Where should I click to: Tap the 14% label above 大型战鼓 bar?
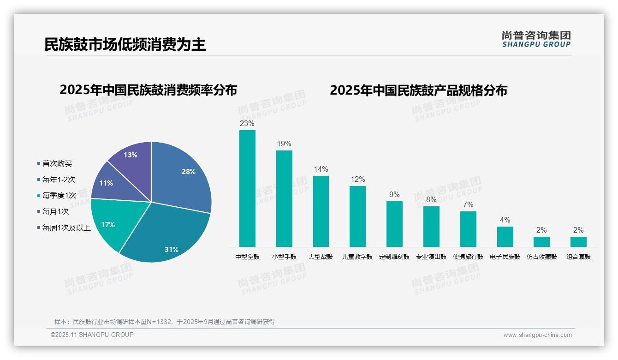pos(321,169)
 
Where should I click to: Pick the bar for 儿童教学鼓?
pos(357,216)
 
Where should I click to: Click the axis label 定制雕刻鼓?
pos(394,257)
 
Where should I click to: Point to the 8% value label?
pos(431,199)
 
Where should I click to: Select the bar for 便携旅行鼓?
pos(468,229)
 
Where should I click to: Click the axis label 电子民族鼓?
pos(505,257)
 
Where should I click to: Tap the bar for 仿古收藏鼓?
pos(541,242)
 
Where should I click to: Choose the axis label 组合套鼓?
pos(578,257)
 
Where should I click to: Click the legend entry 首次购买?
pos(57,164)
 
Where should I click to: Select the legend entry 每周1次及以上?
pos(66,228)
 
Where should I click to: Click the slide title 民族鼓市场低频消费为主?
pos(125,44)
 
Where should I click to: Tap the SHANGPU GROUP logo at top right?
pos(536,39)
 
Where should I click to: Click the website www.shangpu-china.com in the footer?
pos(537,335)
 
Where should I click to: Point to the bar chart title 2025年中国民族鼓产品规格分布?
pos(418,90)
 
